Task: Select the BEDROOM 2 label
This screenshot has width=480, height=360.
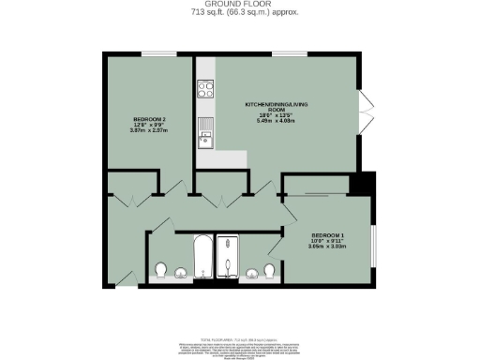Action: point(149,119)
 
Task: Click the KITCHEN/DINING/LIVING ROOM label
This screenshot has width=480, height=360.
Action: point(276,105)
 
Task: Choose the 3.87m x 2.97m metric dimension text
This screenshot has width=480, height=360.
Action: point(149,132)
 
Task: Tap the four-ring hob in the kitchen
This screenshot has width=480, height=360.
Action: point(205,91)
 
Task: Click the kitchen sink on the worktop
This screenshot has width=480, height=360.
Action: point(204,141)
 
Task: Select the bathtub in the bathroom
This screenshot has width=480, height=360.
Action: point(202,259)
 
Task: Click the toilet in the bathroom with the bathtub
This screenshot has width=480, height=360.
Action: point(160,270)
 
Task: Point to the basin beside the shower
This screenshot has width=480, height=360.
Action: point(251,274)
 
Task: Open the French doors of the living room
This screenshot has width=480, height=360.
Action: point(366,112)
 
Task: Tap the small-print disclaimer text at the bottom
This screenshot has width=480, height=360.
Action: point(240,346)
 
